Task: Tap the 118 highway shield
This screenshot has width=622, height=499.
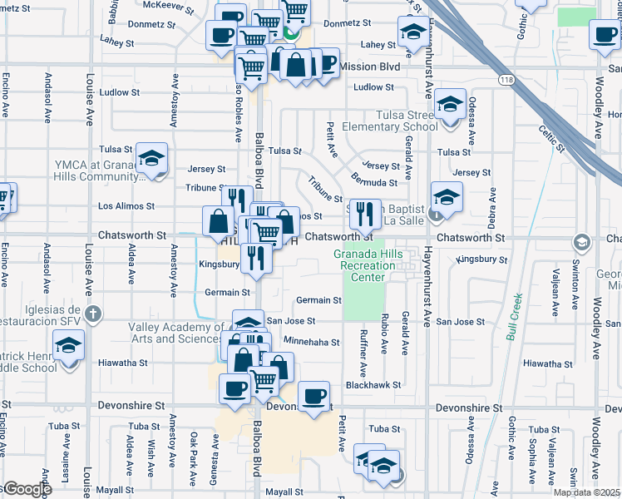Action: click(506, 79)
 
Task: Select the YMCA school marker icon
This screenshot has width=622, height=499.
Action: click(152, 158)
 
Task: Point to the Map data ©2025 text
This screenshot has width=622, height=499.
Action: click(586, 492)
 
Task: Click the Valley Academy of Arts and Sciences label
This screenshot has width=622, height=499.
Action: click(176, 332)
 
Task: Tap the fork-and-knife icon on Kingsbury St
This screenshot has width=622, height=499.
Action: click(256, 258)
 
